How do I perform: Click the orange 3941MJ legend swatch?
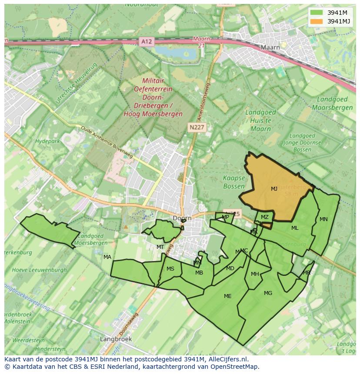(x=317, y=21)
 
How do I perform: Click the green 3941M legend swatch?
(x=317, y=13)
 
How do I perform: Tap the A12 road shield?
(x=147, y=42)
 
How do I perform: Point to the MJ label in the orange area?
(x=274, y=189)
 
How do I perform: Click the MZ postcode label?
(x=264, y=217)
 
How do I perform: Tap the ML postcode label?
(x=295, y=228)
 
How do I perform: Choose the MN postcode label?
(x=323, y=219)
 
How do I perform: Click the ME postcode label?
(x=227, y=296)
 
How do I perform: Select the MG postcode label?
(x=268, y=293)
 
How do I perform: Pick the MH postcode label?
(x=255, y=274)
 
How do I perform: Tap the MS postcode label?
(x=170, y=269)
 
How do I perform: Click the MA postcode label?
(x=107, y=257)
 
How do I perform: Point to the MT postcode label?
(x=160, y=247)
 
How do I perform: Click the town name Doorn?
(x=182, y=218)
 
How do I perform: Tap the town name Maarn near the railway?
(x=270, y=47)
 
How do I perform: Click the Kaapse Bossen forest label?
(x=234, y=182)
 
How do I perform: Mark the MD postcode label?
(x=230, y=268)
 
